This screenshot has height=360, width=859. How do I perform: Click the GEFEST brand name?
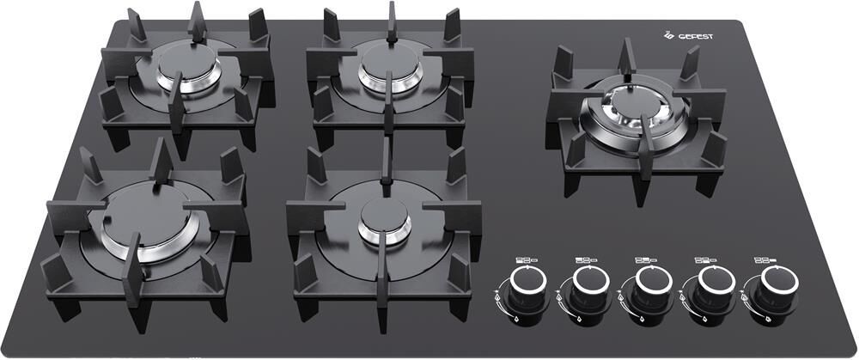(x=696, y=37)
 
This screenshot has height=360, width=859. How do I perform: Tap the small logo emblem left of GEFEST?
(x=669, y=35)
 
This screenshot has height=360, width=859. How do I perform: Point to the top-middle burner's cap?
(x=390, y=60)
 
